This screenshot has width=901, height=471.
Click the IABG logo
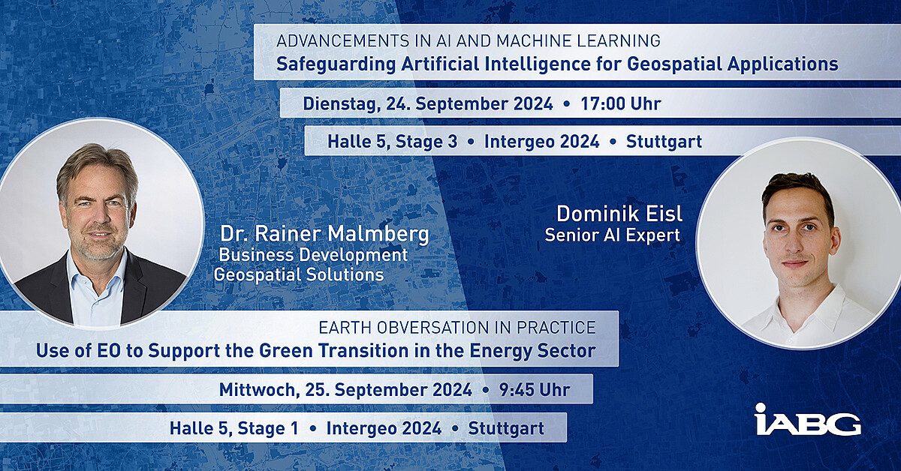[808, 419]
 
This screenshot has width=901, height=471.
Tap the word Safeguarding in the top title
[336, 64]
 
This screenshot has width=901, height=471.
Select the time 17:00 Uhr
[621, 103]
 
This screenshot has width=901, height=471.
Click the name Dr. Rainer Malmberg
[324, 234]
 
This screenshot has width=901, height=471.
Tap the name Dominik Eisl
[619, 214]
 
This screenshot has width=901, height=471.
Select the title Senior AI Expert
[612, 235]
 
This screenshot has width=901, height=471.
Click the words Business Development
[312, 255]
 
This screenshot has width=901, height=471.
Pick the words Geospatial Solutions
[299, 275]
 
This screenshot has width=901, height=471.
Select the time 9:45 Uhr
[535, 390]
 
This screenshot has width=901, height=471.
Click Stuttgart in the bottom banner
[506, 428]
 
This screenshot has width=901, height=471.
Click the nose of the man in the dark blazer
[98, 217]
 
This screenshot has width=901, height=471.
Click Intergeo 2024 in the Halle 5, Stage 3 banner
[542, 142]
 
